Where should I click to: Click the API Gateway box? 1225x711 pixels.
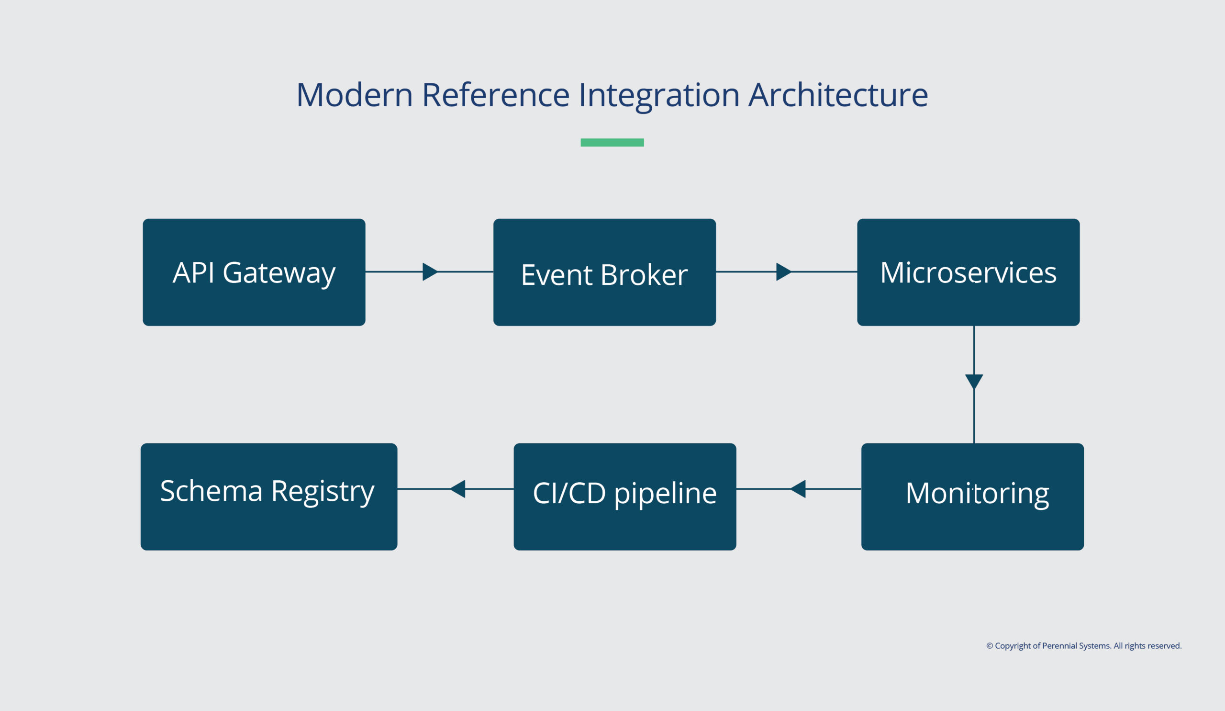pyautogui.click(x=254, y=272)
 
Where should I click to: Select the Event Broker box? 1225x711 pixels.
pyautogui.click(x=604, y=272)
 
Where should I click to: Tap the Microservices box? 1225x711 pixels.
pyautogui.click(x=969, y=272)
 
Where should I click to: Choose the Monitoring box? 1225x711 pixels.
pyautogui.click(x=972, y=497)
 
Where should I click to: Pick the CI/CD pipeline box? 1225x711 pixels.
pyautogui.click(x=624, y=497)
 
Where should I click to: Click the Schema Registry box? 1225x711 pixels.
pyautogui.click(x=269, y=497)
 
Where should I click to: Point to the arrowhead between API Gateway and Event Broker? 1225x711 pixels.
pyautogui.click(x=430, y=272)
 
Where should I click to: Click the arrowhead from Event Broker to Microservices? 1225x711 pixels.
pyautogui.click(x=784, y=272)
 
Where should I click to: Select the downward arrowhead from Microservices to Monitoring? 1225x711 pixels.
pyautogui.click(x=974, y=382)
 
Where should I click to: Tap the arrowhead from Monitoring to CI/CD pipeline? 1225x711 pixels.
pyautogui.click(x=798, y=489)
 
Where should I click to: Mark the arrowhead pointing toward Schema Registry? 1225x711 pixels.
pyautogui.click(x=457, y=489)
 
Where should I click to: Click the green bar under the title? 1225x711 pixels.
pyautogui.click(x=612, y=143)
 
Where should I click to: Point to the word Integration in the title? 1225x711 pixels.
pyautogui.click(x=659, y=96)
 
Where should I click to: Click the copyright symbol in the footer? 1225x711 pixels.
pyautogui.click(x=990, y=646)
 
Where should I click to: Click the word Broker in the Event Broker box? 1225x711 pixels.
pyautogui.click(x=644, y=275)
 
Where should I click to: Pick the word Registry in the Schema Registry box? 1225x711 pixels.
pyautogui.click(x=323, y=492)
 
